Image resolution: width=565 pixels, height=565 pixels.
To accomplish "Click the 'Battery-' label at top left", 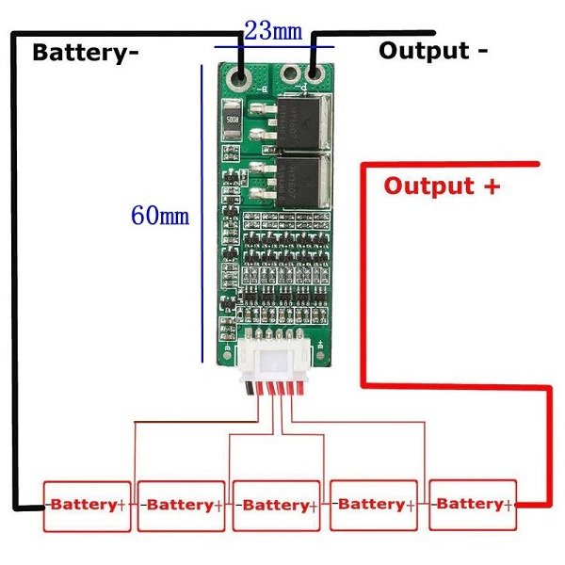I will pyautogui.click(x=85, y=52).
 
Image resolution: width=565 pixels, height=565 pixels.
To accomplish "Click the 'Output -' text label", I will pyautogui.click(x=432, y=50).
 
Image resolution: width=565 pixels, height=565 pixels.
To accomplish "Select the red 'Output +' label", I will pyautogui.click(x=442, y=185).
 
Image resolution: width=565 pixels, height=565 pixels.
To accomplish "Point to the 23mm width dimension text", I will pyautogui.click(x=273, y=30).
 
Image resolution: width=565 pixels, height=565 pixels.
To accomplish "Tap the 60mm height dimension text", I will pyautogui.click(x=160, y=216).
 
